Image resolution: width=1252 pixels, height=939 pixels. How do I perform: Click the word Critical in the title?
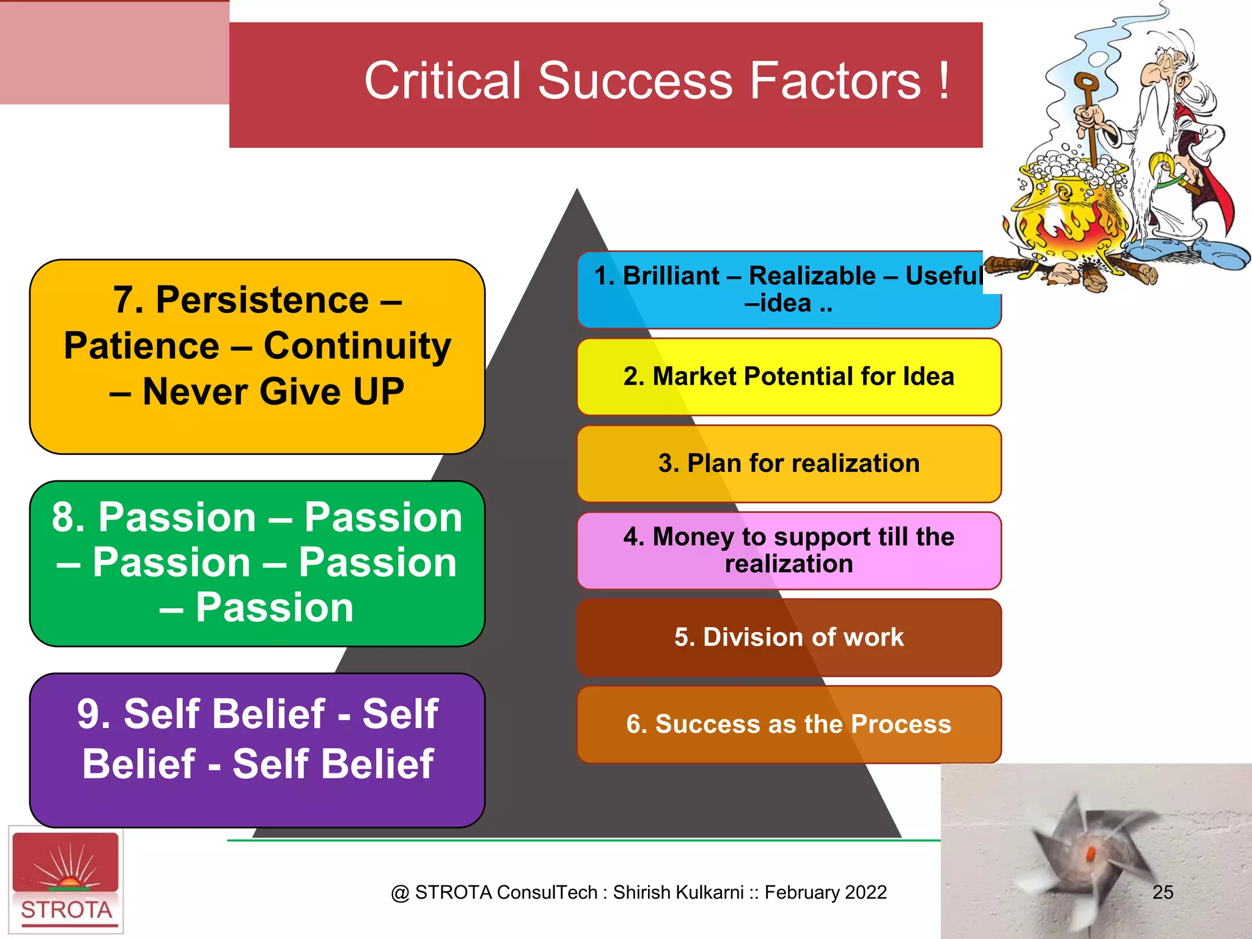pyautogui.click(x=443, y=81)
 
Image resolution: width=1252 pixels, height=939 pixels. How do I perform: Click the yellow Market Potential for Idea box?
pyautogui.click(x=789, y=377)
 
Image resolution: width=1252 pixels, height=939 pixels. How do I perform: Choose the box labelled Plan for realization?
pyautogui.click(x=789, y=463)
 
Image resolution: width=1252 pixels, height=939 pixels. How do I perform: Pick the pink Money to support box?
pyautogui.click(x=789, y=550)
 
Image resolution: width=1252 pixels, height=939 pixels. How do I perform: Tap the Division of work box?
pyautogui.click(x=789, y=637)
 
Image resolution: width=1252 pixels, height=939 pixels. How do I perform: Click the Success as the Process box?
pyautogui.click(x=789, y=724)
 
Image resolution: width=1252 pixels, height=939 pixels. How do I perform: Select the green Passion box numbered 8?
pyautogui.click(x=257, y=563)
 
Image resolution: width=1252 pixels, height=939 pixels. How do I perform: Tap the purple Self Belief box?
pyautogui.click(x=257, y=749)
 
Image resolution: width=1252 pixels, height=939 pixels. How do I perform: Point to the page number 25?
pyautogui.click(x=1162, y=892)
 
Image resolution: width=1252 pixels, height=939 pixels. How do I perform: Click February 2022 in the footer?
pyautogui.click(x=825, y=893)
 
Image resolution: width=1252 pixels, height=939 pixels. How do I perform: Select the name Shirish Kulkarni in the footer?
pyautogui.click(x=678, y=893)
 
